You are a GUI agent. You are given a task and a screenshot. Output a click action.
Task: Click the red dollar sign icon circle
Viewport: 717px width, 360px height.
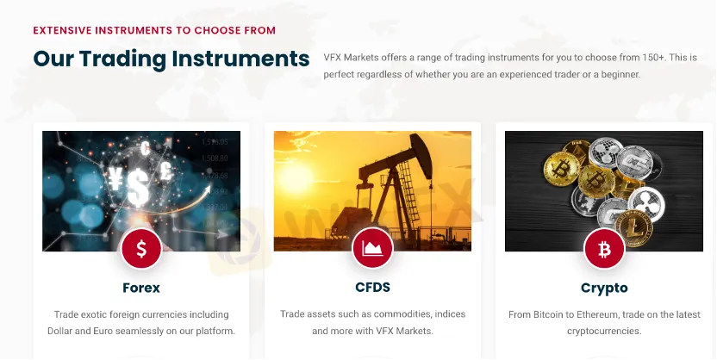[x=141, y=249]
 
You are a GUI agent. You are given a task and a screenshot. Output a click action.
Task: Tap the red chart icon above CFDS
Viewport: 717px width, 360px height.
[x=372, y=248]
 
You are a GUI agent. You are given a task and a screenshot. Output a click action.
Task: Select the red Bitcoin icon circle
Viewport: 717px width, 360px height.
[x=604, y=249]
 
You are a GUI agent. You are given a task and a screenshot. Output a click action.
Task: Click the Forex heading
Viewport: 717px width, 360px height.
[x=141, y=288]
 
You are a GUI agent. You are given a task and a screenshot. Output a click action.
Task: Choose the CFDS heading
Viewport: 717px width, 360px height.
[x=372, y=288]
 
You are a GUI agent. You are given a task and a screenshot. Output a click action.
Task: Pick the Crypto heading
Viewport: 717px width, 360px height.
[x=604, y=289]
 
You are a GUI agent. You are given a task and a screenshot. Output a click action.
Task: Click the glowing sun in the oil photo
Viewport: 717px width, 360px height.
[x=296, y=178]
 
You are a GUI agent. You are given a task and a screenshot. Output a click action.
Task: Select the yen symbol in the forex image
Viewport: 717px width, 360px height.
[x=115, y=178]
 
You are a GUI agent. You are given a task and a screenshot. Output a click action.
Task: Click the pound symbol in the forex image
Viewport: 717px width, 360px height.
[x=166, y=171]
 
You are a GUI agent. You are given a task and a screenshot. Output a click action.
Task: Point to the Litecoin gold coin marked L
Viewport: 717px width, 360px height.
[x=633, y=228]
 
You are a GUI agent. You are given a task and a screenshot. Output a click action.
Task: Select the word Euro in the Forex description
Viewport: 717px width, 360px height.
[x=103, y=331]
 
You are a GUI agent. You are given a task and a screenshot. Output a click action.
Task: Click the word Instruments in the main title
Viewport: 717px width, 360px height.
[x=240, y=59]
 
